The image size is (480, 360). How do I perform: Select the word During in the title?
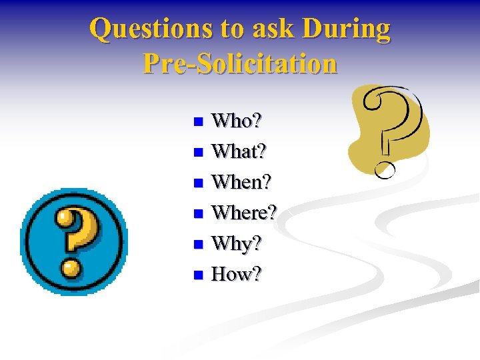click(x=346, y=29)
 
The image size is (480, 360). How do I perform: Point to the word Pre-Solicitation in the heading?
click(x=240, y=63)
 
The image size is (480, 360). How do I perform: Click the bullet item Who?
click(x=237, y=121)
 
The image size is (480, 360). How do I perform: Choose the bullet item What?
click(x=239, y=152)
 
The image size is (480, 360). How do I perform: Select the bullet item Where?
click(x=244, y=213)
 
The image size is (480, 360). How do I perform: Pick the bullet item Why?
click(x=236, y=244)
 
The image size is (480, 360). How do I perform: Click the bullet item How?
click(x=237, y=274)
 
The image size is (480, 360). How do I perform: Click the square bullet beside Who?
click(x=197, y=123)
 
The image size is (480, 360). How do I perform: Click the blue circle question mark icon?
click(x=73, y=241)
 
